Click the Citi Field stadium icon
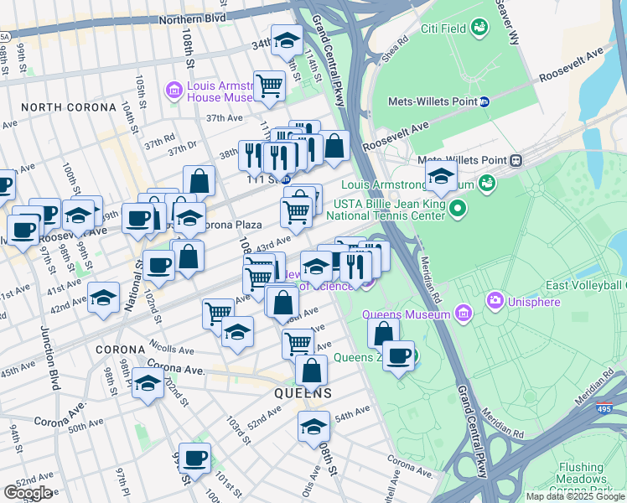pos(479,29)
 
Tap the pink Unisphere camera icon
pos(495,299)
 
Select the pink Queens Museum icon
pos(465,314)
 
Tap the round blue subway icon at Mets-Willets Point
pos(484,101)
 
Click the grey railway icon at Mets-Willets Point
pos(516,160)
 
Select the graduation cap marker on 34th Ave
pos(287,41)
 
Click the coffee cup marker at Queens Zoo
pos(399,357)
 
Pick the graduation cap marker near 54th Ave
pos(313,426)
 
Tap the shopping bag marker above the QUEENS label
pos(311,370)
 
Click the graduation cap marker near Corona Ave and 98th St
pos(148,385)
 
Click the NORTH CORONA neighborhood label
pos(69,107)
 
